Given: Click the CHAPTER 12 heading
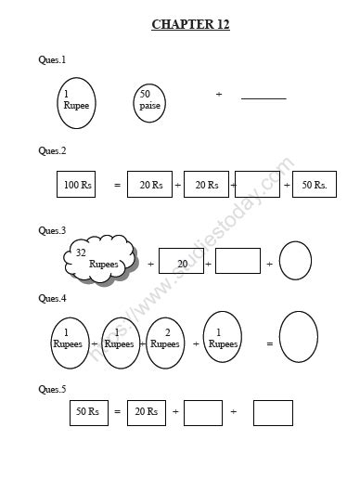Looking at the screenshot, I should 190,24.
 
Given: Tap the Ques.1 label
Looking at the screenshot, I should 52,59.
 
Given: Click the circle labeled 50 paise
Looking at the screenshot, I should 149,103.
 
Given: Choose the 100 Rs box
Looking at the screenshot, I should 76,185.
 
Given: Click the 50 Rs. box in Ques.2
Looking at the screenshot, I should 314,185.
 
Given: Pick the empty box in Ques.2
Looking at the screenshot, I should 257,185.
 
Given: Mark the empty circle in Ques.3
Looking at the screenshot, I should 295,261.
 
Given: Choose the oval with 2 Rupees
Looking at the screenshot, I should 165,338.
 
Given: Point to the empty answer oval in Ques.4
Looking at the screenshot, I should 299,337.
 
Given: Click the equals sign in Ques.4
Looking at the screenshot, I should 270,344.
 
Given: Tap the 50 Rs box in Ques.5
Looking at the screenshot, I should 88,411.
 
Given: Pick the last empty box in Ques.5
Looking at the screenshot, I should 273,412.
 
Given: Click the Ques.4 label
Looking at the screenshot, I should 52,298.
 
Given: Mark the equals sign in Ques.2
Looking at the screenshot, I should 117,186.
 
